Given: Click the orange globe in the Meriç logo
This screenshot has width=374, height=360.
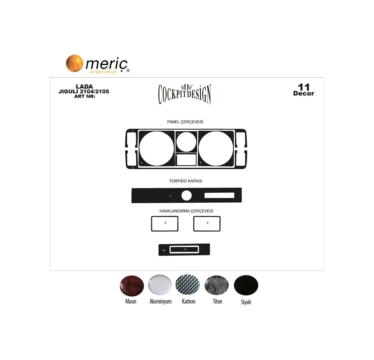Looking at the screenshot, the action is [75, 63].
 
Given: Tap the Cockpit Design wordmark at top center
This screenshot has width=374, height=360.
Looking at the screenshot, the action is [185, 94].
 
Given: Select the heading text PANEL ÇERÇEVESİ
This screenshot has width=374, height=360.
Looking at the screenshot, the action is [185, 122].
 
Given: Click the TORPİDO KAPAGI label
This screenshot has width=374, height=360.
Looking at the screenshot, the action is [185, 181].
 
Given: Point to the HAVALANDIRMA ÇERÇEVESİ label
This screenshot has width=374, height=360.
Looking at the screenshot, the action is [186, 211].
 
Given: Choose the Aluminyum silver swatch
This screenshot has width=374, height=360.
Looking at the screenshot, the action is [160, 285].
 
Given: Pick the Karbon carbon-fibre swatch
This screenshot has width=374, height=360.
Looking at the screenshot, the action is [187, 285].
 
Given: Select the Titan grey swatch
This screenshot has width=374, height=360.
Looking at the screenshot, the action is [216, 285].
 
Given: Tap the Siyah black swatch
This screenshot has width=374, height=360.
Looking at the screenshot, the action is [246, 285].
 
